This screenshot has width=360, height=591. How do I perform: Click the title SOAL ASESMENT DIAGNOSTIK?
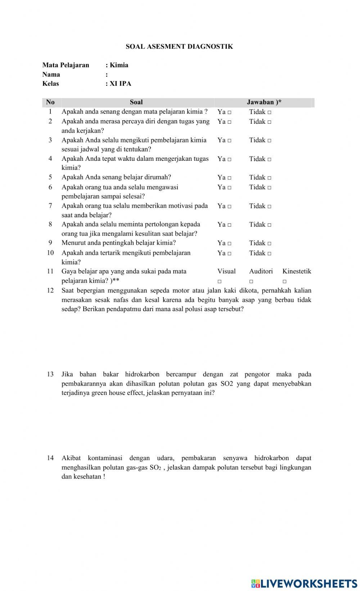[179, 46]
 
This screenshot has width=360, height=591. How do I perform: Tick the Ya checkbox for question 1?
[229, 112]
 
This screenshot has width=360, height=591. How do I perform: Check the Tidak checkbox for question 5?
[269, 178]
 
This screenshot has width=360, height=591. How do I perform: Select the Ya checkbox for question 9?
[229, 244]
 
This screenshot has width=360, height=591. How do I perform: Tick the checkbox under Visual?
[220, 282]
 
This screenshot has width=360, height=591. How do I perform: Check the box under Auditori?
[251, 282]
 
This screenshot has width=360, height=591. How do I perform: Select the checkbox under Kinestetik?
[284, 282]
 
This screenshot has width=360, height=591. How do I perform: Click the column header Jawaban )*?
[264, 102]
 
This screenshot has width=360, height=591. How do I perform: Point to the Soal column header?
[136, 102]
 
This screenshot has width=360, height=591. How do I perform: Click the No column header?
[50, 102]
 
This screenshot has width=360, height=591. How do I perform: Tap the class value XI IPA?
[120, 84]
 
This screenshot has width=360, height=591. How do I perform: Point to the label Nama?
[51, 74]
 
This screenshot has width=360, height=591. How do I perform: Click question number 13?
[50, 374]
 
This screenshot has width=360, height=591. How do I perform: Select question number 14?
[50, 458]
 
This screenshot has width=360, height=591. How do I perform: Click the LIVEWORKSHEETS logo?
[304, 583]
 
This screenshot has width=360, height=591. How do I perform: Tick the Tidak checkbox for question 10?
[269, 254]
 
